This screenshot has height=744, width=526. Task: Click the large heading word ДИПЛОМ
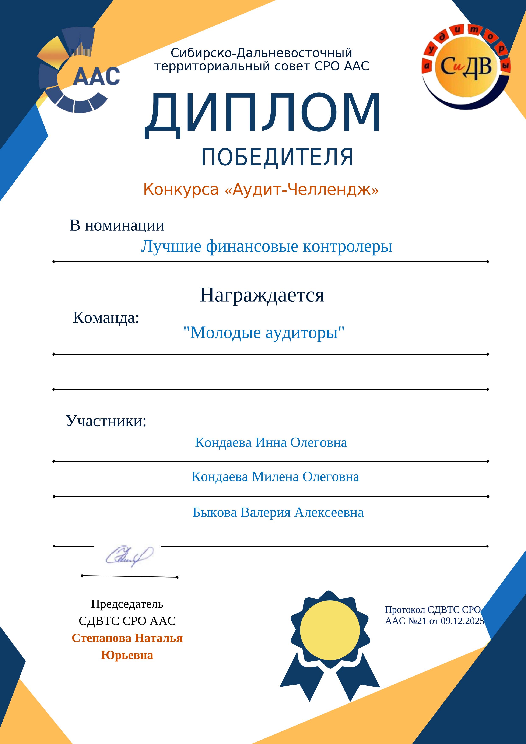(x=263, y=113)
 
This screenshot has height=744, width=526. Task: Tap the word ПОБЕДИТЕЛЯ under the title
(x=277, y=158)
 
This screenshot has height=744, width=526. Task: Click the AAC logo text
(x=96, y=77)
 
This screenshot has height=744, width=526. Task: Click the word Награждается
(x=262, y=295)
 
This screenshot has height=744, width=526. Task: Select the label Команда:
(x=106, y=317)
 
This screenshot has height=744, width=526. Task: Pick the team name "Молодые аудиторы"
(x=264, y=333)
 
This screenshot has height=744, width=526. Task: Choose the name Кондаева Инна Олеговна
(x=271, y=443)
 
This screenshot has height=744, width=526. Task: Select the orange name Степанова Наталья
(x=127, y=638)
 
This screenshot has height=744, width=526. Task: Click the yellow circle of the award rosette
(x=330, y=630)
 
